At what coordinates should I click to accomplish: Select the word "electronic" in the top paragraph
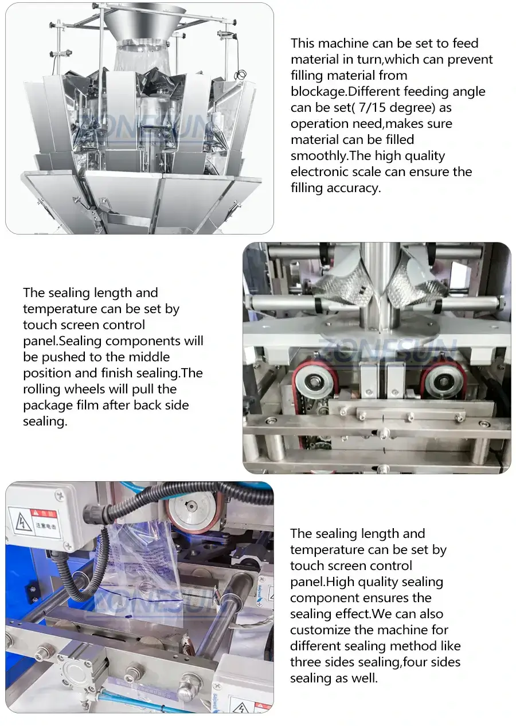pyautogui.click(x=318, y=171)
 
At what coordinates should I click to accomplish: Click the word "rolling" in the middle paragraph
pyautogui.click(x=41, y=389)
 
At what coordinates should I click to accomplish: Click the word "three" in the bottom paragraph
pyautogui.click(x=306, y=662)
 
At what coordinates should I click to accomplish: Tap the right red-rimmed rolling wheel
pyautogui.click(x=443, y=379)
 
